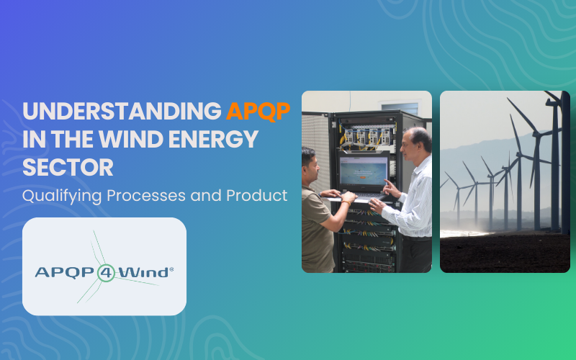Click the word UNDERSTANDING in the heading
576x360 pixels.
click(x=122, y=112)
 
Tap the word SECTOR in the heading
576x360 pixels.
click(x=68, y=167)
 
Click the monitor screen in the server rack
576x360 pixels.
click(x=362, y=172)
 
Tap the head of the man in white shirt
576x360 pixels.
click(x=417, y=143)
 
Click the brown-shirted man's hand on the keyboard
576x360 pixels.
click(x=348, y=195)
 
